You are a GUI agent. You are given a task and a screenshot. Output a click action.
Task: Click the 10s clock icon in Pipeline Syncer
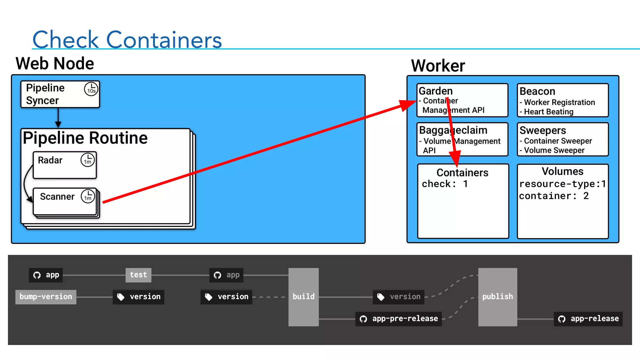(91, 89)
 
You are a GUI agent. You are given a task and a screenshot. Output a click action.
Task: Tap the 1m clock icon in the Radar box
(87, 160)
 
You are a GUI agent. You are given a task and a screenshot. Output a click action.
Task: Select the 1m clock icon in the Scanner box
(88, 197)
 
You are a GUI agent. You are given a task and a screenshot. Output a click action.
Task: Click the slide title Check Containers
(127, 40)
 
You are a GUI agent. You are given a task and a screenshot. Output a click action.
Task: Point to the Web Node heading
(55, 63)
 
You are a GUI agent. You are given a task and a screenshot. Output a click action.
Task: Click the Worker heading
(438, 66)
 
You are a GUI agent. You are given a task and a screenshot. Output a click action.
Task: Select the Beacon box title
(537, 91)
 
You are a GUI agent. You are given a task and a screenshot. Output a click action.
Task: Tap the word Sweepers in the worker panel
(542, 130)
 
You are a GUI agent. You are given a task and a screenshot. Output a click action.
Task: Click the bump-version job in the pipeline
(46, 297)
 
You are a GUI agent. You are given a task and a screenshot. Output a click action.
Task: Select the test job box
(138, 275)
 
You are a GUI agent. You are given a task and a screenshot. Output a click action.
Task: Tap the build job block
(303, 297)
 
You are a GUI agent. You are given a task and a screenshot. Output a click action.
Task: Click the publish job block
(497, 297)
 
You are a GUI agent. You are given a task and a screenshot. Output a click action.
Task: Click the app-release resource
(588, 319)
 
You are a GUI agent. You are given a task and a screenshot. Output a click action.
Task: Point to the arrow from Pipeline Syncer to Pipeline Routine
(58, 118)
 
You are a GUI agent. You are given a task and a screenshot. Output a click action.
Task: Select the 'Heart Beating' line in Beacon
(548, 112)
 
